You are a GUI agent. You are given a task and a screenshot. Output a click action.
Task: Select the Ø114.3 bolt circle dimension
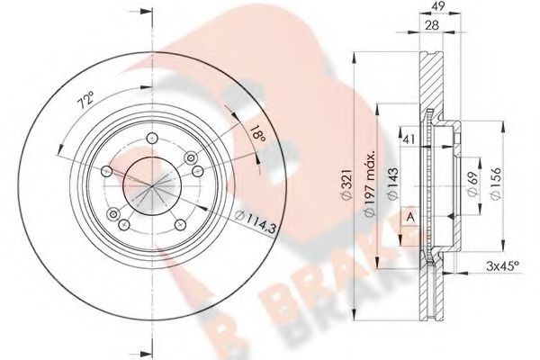pos(256,216)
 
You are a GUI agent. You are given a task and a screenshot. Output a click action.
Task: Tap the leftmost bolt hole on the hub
pos(107,172)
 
